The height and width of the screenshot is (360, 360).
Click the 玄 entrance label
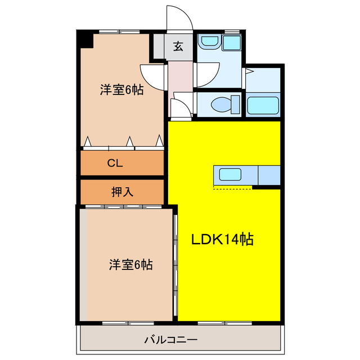click(178, 47)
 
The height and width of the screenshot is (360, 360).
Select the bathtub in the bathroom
click(263, 105)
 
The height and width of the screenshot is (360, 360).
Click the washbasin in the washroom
click(210, 42)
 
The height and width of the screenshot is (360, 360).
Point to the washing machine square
click(231, 43)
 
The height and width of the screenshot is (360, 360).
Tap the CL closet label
click(115, 164)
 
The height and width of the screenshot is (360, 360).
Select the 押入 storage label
click(122, 192)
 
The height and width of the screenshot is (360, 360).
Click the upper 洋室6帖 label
click(121, 89)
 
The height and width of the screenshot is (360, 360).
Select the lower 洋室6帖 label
click(130, 264)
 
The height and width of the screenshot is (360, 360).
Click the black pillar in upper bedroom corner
click(85, 39)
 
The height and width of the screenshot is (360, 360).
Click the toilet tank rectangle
click(236, 105)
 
